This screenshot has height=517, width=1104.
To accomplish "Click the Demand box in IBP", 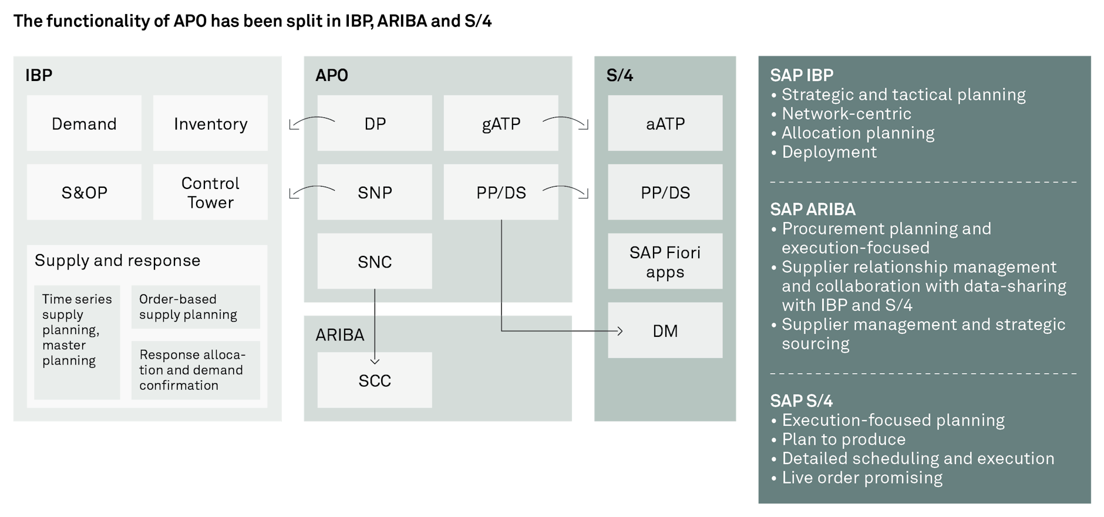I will pos(84,123).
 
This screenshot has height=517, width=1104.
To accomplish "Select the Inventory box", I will pos(210,123).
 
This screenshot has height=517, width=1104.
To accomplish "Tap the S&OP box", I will pos(84,192).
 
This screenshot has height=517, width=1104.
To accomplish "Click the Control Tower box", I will pos(210,192).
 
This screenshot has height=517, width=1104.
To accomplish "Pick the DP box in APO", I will pos(375,123).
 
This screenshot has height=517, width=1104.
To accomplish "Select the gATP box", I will pos(501,123).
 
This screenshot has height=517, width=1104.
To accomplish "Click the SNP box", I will pos(375,192).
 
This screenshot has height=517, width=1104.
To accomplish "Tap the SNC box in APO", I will pos(375,261).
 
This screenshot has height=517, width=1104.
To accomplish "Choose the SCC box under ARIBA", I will pos(375,380).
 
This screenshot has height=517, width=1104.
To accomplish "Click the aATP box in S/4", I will pos(665,123).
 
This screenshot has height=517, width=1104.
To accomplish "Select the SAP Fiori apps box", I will pos(665,261).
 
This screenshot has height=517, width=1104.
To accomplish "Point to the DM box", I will pos(665,330).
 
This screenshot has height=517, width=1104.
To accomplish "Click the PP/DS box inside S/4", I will pos(665,192).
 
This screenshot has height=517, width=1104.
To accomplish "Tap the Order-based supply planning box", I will pos(196,307).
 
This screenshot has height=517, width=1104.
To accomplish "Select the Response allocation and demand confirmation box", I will pos(196,370).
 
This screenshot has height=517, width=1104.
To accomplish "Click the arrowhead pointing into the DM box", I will pos(620,331).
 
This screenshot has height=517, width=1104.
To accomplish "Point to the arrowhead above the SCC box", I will pos(375,361).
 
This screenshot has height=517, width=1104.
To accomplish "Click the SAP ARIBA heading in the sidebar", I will pos(813,209).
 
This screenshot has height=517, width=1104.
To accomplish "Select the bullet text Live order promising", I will pos(862,478).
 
